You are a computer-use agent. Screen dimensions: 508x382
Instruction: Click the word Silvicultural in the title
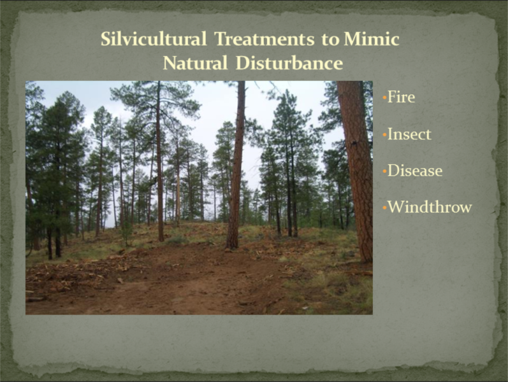coord(154,39)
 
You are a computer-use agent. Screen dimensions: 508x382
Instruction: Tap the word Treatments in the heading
coord(265,39)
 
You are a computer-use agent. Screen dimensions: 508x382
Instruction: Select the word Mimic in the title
coord(372,39)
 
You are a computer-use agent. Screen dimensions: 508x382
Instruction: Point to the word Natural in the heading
coord(195,63)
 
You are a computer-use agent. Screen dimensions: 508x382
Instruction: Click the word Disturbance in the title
coord(289,63)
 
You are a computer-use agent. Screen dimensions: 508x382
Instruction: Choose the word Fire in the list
coord(401,97)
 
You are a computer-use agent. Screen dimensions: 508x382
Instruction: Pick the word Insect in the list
coord(409,134)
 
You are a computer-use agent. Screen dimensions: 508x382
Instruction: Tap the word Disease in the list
coord(415,171)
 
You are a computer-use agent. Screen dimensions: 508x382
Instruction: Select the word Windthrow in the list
coord(430,207)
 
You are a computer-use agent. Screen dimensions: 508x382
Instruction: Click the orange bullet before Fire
coord(384,97)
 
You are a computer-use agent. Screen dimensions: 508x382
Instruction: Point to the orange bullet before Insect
coord(384,134)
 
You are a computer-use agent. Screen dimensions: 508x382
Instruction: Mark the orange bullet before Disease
coord(384,171)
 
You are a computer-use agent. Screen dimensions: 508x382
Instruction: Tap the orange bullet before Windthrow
coord(384,207)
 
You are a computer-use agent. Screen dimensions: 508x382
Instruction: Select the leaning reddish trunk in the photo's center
coord(236,165)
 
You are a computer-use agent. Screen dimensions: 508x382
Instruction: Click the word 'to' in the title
coord(330,40)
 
